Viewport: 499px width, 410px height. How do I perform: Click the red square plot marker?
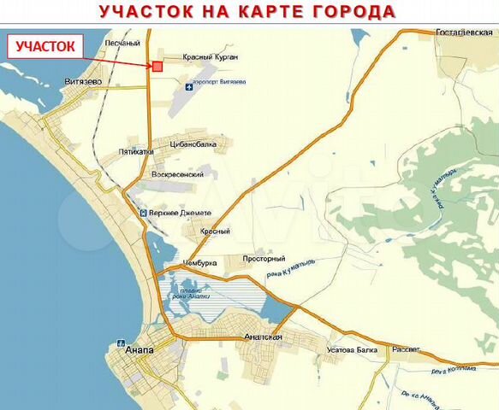pyautogui.click(x=157, y=66)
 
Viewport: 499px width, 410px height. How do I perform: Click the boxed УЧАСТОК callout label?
pyautogui.click(x=46, y=46)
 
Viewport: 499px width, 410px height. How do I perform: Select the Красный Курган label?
pyautogui.click(x=211, y=57)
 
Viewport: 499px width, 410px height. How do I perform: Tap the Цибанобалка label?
pyautogui.click(x=199, y=145)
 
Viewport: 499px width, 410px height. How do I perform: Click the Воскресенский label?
pyautogui.click(x=177, y=174)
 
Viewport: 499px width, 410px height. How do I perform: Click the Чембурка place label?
pyautogui.click(x=199, y=263)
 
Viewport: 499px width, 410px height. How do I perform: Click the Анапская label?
pyautogui.click(x=263, y=337)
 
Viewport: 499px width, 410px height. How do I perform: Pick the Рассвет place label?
pyautogui.click(x=407, y=349)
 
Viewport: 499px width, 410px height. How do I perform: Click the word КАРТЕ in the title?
pyautogui.click(x=270, y=12)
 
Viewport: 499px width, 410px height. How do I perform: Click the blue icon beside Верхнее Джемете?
pyautogui.click(x=142, y=213)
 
